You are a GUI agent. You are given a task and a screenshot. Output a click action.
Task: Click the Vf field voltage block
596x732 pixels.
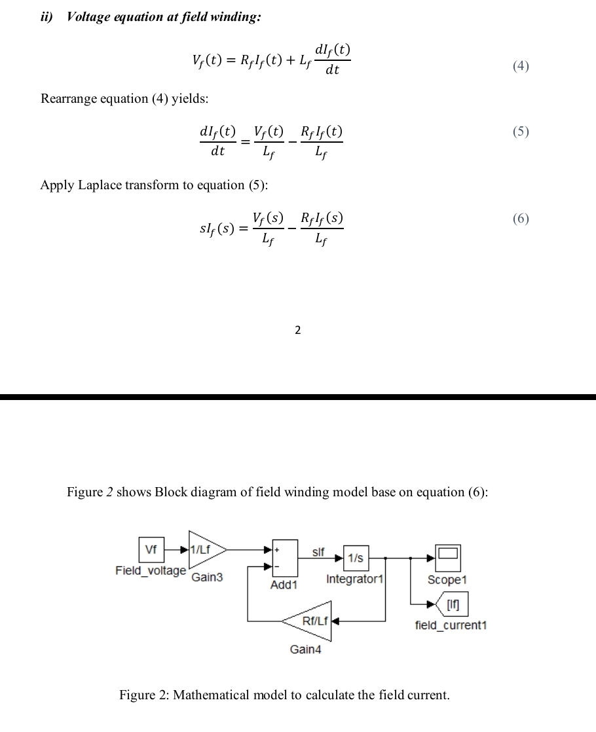[x=151, y=551]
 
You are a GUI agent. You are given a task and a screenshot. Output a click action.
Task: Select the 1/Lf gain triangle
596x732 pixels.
[x=204, y=551]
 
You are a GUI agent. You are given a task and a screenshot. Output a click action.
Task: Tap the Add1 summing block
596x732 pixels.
[x=284, y=558]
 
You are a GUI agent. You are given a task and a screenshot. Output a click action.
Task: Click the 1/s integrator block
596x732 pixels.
[x=356, y=558]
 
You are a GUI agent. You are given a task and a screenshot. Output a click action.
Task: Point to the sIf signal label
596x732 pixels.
[x=319, y=553]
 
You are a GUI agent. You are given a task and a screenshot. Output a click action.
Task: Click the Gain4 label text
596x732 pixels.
[x=305, y=650]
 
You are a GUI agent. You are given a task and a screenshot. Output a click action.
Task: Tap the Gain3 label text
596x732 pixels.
[x=207, y=577]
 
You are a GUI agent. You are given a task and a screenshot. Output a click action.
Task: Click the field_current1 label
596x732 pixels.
[x=451, y=626]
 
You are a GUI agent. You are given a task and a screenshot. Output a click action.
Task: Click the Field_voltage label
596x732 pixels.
[x=151, y=571]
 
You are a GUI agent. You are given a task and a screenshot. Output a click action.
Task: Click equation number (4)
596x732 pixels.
[x=521, y=65]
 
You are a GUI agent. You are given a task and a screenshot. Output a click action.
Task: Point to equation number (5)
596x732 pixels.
[x=521, y=132]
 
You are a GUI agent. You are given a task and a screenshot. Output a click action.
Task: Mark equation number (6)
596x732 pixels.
[x=521, y=219]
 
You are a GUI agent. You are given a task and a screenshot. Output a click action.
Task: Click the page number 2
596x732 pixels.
[x=297, y=330]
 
